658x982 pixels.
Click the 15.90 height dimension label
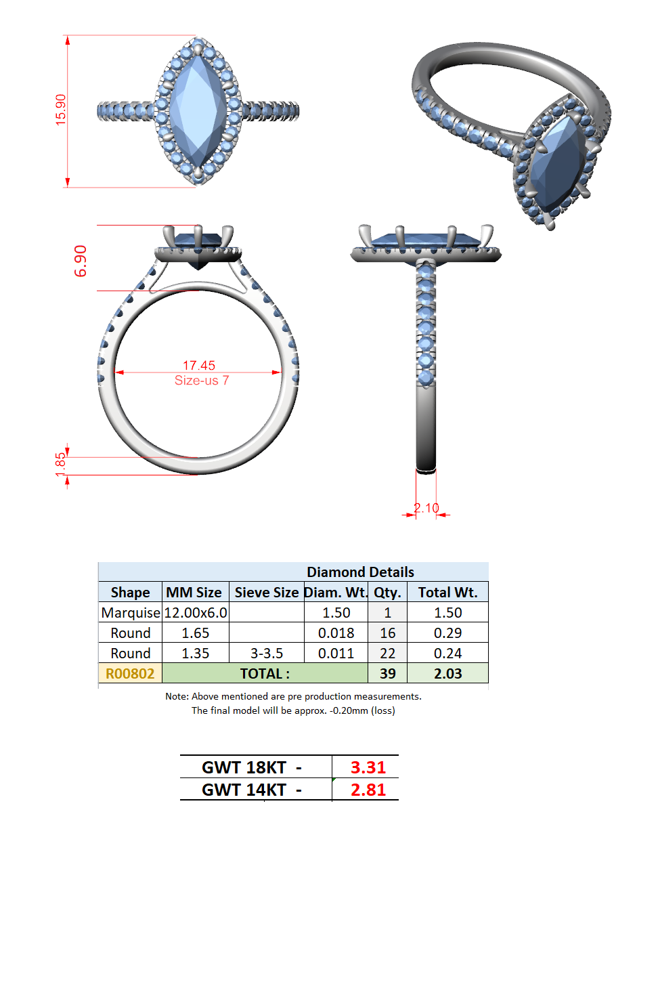click(61, 110)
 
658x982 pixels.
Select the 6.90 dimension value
click(81, 261)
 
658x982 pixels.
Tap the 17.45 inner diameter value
click(199, 365)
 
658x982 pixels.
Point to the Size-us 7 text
click(202, 380)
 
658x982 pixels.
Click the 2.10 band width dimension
click(426, 508)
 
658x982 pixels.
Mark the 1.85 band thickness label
click(60, 465)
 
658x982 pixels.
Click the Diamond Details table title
click(360, 572)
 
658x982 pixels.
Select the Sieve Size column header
click(266, 593)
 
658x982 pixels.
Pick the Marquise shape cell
click(131, 612)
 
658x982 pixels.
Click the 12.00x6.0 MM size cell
click(196, 612)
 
